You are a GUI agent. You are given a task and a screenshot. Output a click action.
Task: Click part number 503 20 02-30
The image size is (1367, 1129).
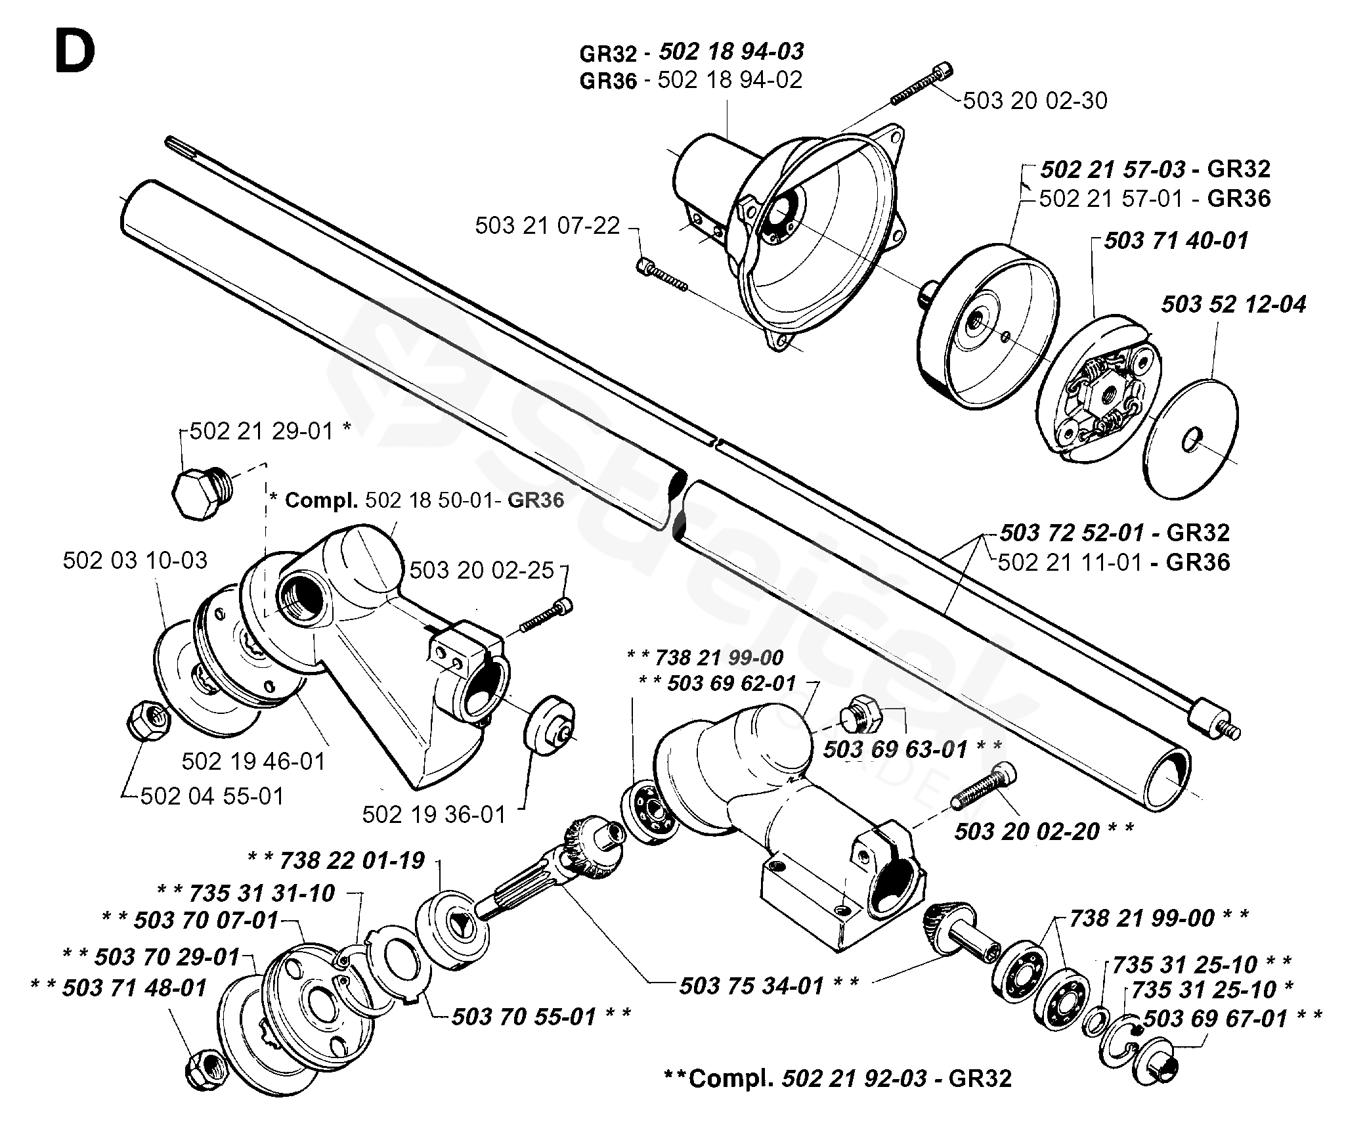pos(1035,100)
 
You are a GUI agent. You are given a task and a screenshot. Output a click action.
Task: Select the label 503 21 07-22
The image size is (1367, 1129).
pos(548,225)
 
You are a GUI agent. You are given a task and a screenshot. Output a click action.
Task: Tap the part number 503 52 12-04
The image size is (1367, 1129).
pos(1234,304)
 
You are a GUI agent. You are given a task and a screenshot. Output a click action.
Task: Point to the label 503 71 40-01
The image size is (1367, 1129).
pos(1176,240)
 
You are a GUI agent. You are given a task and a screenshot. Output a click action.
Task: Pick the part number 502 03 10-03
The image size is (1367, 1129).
pos(135,560)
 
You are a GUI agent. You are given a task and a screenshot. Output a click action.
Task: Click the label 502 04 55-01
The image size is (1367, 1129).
pos(213,796)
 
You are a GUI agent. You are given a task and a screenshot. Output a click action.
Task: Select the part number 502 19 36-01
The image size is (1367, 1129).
pos(435,814)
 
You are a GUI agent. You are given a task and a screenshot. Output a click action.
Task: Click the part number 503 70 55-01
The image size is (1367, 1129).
pos(524,1017)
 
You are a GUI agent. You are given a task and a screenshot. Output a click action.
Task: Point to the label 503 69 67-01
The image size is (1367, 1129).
pos(1215,1019)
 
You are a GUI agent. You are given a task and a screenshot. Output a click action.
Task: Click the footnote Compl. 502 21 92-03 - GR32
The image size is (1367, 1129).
pos(838,1078)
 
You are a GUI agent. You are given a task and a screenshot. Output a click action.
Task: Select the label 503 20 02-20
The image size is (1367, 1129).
pos(1027,831)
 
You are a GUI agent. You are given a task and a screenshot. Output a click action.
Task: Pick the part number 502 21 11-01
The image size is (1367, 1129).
pos(1070,562)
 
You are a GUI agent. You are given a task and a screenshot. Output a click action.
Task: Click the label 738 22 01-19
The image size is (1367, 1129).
pos(353,860)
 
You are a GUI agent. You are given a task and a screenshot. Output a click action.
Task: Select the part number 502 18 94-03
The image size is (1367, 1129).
pos(731,51)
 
